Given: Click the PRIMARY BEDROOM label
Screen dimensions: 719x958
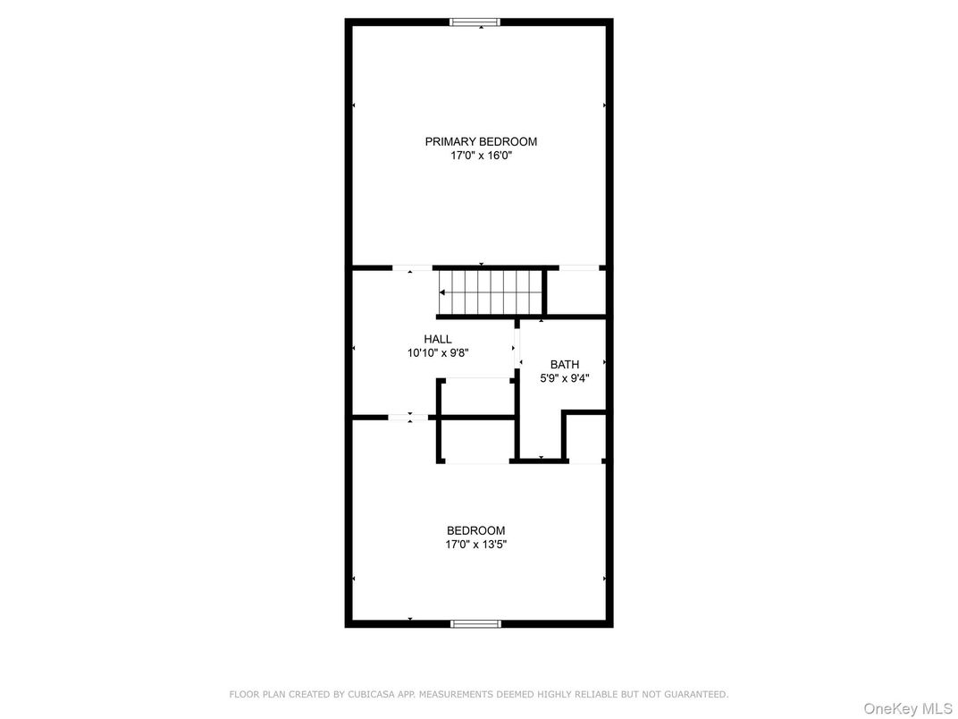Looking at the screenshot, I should [x=481, y=141].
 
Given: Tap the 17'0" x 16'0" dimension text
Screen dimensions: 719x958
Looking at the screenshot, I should [x=481, y=156].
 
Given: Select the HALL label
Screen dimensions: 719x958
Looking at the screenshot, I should [x=438, y=339].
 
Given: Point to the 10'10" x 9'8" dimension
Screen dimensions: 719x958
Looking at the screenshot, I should [x=438, y=352].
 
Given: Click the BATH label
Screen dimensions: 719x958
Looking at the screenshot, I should [x=564, y=364].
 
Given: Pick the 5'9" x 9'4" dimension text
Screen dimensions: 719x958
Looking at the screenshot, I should [x=564, y=378].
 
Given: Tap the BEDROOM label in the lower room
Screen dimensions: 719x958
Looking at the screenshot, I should [x=475, y=530].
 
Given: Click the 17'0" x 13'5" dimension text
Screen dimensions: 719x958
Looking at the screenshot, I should [x=475, y=544].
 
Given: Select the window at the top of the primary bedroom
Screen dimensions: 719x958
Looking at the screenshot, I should [x=475, y=22].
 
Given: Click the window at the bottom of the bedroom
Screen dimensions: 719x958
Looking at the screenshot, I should [x=475, y=623].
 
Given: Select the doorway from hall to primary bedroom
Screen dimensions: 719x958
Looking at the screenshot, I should [x=412, y=267].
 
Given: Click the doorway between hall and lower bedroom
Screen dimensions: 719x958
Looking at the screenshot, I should [x=409, y=417].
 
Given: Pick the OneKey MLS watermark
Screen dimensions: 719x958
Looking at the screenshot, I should [x=908, y=709].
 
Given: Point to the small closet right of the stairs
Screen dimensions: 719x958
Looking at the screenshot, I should [x=578, y=292].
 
